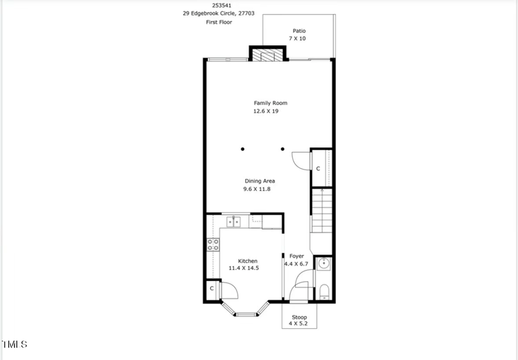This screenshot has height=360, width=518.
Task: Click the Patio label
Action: tap(298, 30)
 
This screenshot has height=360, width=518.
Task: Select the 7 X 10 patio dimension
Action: tap(297, 39)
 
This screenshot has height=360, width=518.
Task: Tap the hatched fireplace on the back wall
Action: tap(268, 55)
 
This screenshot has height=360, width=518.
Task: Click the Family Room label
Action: tap(270, 103)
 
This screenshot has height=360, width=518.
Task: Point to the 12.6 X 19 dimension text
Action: tap(266, 111)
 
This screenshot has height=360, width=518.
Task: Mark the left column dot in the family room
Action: tap(243, 149)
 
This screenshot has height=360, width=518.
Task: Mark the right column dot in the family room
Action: tap(282, 149)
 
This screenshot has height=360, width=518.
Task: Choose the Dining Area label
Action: tap(260, 181)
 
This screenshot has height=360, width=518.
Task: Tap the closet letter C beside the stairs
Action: tap(318, 168)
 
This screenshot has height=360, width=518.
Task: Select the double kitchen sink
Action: tap(233, 221)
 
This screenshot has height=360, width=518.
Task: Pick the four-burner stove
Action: tap(212, 244)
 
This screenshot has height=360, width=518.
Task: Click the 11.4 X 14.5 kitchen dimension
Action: tap(243, 268)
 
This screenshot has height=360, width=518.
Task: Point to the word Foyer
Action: tap(297, 256)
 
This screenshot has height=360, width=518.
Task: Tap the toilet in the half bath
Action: tap(324, 291)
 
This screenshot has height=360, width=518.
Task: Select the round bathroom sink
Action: tap(324, 264)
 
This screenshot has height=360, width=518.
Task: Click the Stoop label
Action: tap(298, 317)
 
